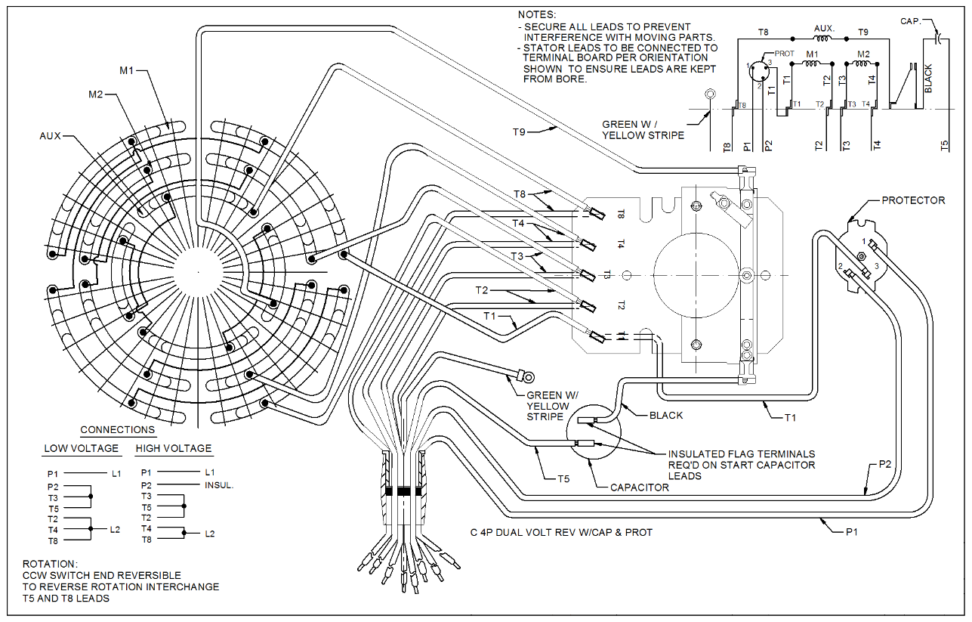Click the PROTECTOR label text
(913, 200)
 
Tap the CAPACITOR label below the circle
(640, 487)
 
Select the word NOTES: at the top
(536, 15)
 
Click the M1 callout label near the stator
(126, 71)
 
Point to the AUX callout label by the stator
(51, 136)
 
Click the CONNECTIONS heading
(117, 429)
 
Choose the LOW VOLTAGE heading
(81, 448)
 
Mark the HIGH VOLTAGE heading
(174, 448)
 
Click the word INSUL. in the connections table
(219, 485)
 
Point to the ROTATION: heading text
(50, 564)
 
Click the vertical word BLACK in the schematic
(928, 79)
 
